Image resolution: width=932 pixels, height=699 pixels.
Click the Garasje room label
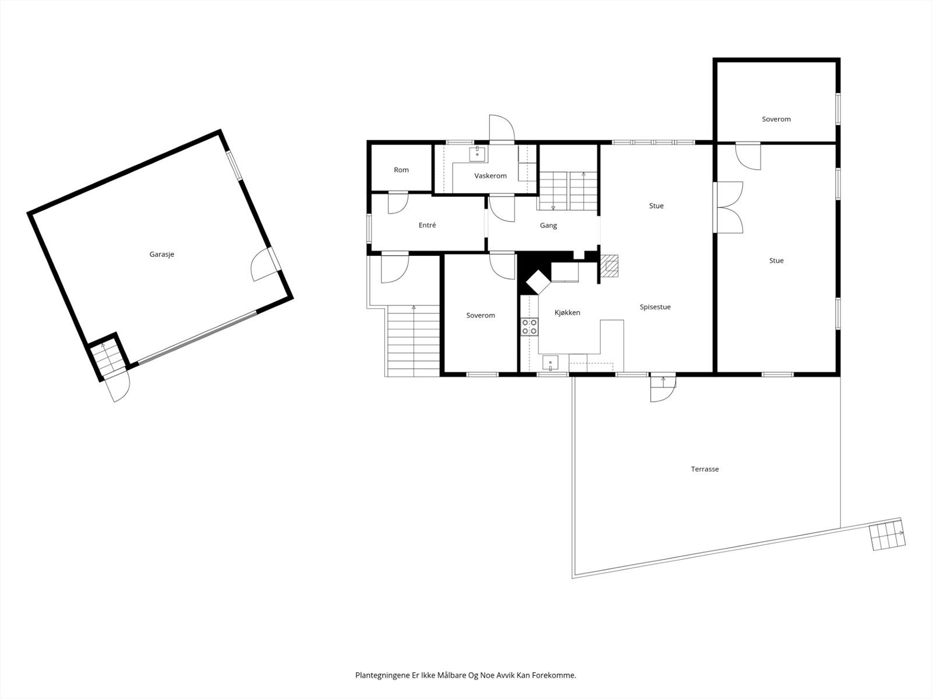click(x=161, y=255)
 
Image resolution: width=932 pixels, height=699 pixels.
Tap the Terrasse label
click(x=705, y=469)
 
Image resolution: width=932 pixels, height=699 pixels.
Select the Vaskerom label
click(x=490, y=176)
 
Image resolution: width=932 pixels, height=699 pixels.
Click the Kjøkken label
click(x=567, y=313)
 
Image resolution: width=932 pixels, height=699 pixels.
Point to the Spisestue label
click(x=655, y=307)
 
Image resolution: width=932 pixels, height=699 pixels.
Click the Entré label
click(x=427, y=225)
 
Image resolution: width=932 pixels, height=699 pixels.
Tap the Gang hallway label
click(x=548, y=225)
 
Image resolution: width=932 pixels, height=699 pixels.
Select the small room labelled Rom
click(x=401, y=170)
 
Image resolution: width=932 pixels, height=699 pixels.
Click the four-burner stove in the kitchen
click(x=529, y=327)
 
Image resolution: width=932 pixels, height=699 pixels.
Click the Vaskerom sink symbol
click(x=478, y=153)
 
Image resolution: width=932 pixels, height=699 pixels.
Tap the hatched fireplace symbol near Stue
click(x=609, y=265)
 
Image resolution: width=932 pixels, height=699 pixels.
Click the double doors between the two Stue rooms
click(x=728, y=208)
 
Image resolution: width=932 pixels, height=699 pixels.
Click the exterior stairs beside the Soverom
click(x=413, y=340)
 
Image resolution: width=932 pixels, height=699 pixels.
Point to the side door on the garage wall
click(x=265, y=265)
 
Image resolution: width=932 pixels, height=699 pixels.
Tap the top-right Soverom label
click(x=776, y=119)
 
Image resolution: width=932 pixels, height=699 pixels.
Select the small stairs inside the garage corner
click(x=108, y=358)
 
